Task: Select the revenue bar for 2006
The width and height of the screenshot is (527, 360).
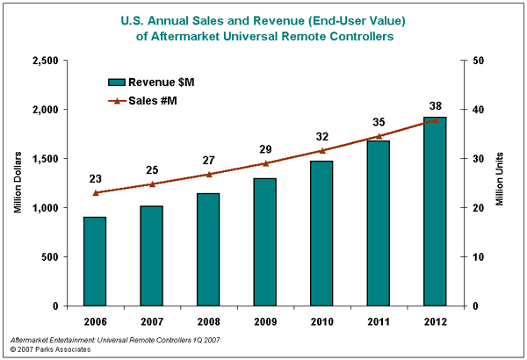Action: [95, 261]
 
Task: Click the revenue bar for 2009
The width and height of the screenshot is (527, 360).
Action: [265, 241]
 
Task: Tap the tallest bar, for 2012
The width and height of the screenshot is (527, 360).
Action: [436, 211]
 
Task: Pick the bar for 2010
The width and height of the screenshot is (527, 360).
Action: [321, 233]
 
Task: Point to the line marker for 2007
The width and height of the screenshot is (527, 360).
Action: [151, 184]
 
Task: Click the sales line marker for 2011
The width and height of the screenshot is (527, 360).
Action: [379, 136]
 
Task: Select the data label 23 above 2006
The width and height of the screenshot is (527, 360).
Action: [96, 178]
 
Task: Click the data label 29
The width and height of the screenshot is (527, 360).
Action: [265, 149]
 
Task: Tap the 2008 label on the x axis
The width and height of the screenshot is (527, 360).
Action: [208, 320]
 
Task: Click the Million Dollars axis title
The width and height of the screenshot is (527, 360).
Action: [18, 183]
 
